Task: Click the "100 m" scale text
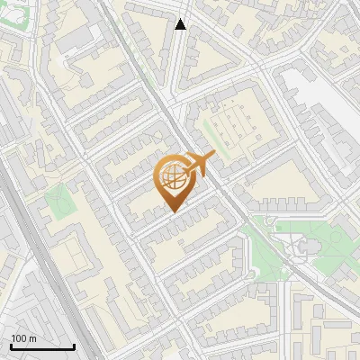[23, 338]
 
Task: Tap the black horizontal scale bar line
[41, 346]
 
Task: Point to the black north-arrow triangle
[181, 24]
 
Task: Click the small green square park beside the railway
[58, 202]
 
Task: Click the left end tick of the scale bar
[11, 345]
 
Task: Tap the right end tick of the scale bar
[73, 345]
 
